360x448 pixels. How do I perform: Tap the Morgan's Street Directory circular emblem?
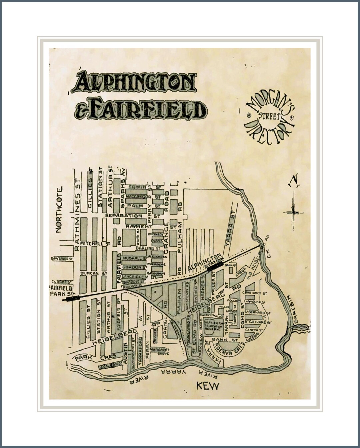tap(269, 118)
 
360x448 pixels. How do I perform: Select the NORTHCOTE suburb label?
tap(59, 210)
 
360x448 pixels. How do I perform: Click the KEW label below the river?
tap(208, 386)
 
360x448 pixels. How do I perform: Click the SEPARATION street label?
tap(124, 216)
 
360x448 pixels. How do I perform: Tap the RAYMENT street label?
tap(139, 226)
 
